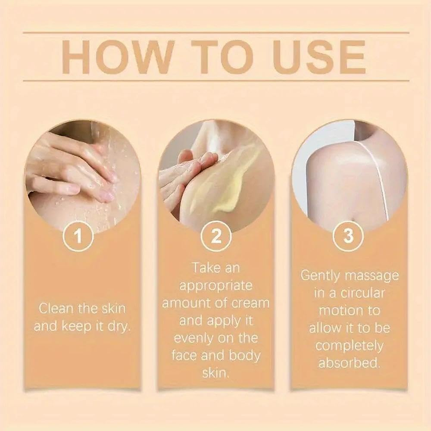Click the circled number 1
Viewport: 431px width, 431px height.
pyautogui.click(x=78, y=236)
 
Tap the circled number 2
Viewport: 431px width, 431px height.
pyautogui.click(x=216, y=236)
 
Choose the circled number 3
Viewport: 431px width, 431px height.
pyautogui.click(x=348, y=236)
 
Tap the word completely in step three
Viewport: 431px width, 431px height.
pyautogui.click(x=349, y=346)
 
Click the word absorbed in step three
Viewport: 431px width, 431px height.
pyautogui.click(x=349, y=363)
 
